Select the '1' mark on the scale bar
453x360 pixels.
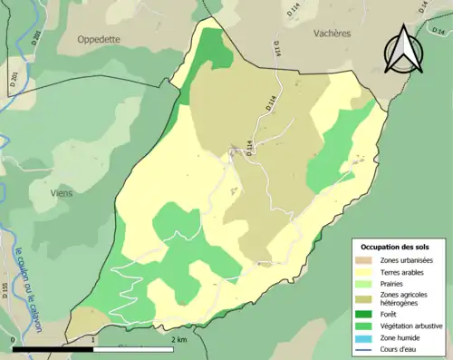coord(93,339)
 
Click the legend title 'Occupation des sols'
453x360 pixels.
coord(397,246)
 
